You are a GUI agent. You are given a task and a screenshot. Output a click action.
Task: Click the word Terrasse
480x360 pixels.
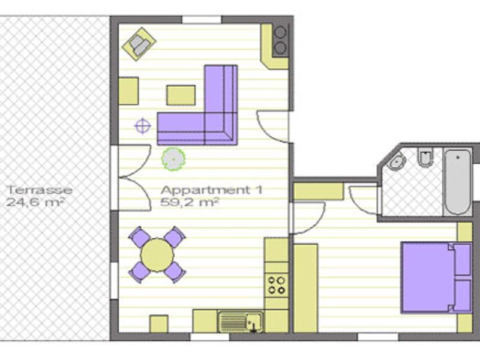pyautogui.click(x=40, y=190)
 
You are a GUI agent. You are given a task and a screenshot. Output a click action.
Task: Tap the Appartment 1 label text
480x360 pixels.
pyautogui.click(x=212, y=190)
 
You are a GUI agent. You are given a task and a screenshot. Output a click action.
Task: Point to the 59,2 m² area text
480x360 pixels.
pyautogui.click(x=190, y=202)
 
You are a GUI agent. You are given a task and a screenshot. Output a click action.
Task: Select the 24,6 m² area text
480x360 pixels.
pyautogui.click(x=35, y=202)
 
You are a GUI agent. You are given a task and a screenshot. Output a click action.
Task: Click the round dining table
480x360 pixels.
pyautogui.click(x=157, y=255)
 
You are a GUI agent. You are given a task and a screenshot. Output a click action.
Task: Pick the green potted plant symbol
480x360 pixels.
pyautogui.click(x=173, y=159)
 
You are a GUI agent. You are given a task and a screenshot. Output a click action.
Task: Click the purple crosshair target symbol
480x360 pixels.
pyautogui.click(x=143, y=126)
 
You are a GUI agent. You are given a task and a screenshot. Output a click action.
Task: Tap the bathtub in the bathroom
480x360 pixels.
pyautogui.click(x=458, y=182)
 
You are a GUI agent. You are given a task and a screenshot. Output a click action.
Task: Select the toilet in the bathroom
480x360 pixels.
pyautogui.click(x=425, y=157)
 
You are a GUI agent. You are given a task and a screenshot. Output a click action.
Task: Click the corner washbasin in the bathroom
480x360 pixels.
pyautogui.click(x=397, y=160)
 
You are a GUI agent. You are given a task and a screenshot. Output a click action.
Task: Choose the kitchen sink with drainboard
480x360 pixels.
pyautogui.click(x=241, y=322)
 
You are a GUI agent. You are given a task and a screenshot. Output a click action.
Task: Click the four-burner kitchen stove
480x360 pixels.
pyautogui.click(x=277, y=286)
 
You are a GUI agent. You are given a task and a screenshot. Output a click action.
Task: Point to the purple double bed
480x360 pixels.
pyautogui.click(x=437, y=278)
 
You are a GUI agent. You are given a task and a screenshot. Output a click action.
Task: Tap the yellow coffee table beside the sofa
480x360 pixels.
pyautogui.click(x=181, y=95)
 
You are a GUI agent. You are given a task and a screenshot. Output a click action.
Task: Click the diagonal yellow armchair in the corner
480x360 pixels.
pyautogui.click(x=139, y=44)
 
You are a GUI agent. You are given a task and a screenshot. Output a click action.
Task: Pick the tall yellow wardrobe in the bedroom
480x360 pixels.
pyautogui.click(x=305, y=288)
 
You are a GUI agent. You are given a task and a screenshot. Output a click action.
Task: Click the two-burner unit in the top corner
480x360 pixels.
pyautogui.click(x=280, y=40)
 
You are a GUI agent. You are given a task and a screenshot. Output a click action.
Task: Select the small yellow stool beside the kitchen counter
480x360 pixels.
pyautogui.click(x=158, y=324)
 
